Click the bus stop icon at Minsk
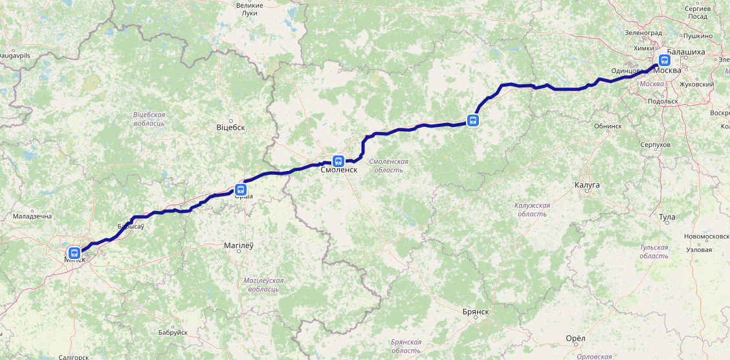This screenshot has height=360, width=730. click(74, 253)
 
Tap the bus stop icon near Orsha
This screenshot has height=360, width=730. click(241, 190)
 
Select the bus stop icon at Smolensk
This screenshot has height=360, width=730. click(338, 161)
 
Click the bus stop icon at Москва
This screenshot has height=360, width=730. click(664, 60)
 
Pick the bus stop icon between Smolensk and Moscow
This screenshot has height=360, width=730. click(473, 120)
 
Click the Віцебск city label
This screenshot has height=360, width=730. click(230, 128)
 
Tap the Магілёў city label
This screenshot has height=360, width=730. click(239, 246)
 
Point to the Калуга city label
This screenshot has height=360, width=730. click(587, 185)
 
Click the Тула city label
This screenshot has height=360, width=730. click(667, 218)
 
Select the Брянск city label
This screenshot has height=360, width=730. click(475, 311)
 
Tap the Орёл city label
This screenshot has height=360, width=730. click(575, 339)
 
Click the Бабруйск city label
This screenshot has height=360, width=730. click(173, 332)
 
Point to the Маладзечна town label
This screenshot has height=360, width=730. click(32, 216)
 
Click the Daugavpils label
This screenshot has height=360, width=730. click(15, 56)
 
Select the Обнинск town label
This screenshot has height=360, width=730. click(608, 126)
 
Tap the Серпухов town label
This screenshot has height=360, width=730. click(655, 144)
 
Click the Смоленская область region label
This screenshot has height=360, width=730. click(388, 165)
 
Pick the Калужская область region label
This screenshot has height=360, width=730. click(532, 209)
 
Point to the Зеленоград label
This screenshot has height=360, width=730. click(644, 32)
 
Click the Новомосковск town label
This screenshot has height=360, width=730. click(706, 236)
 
